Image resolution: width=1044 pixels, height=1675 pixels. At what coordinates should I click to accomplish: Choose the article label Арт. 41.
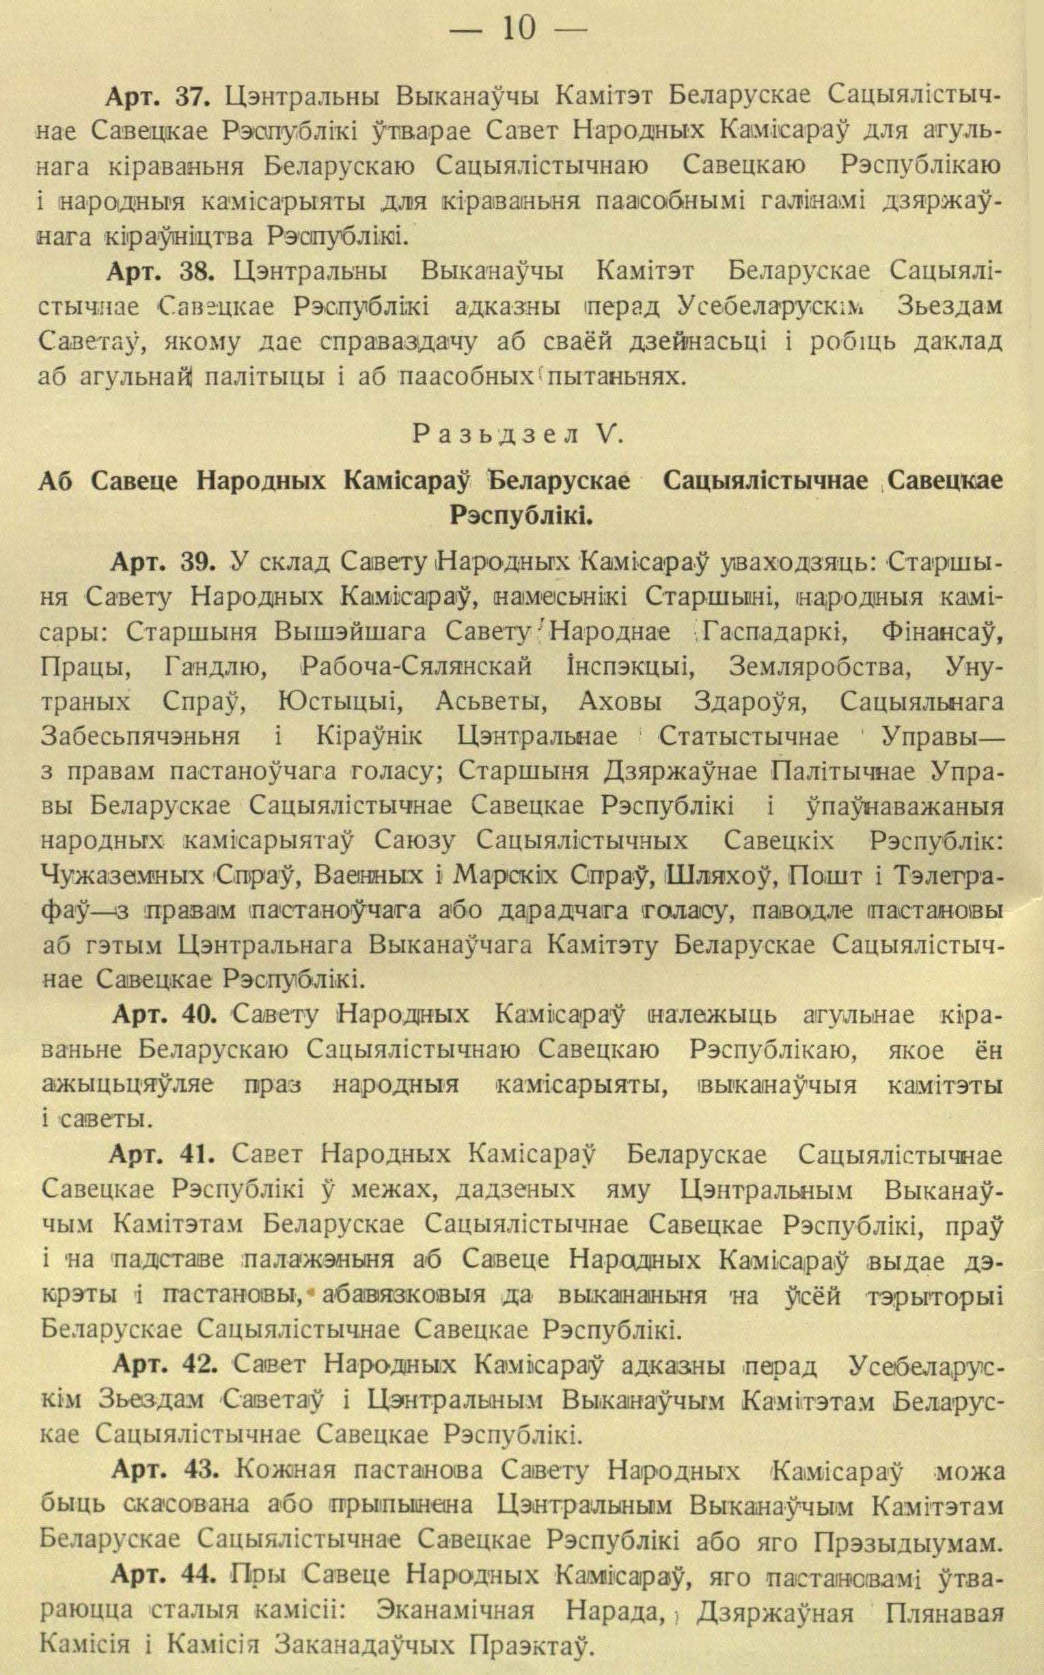(x=165, y=1155)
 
